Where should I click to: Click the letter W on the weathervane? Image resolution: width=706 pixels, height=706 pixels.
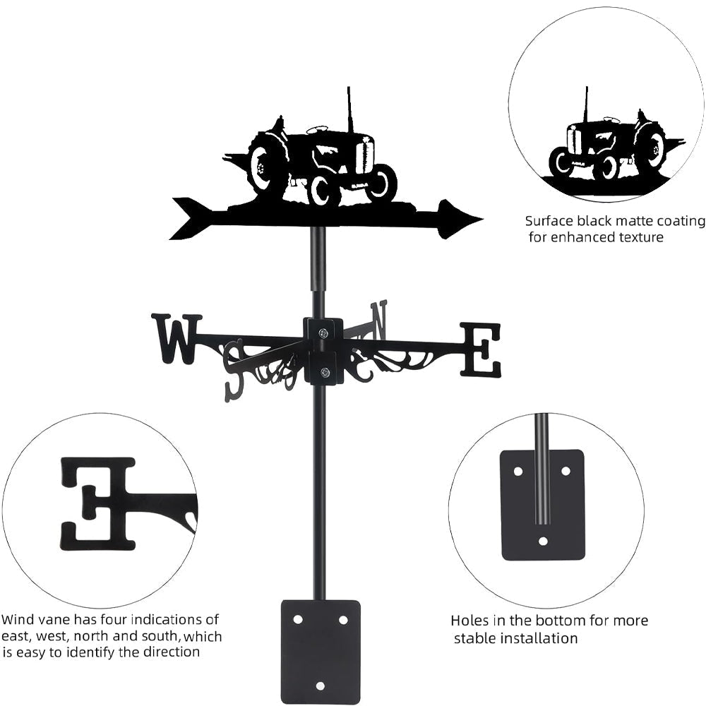[176, 338]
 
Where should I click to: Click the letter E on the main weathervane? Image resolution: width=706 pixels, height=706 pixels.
[481, 349]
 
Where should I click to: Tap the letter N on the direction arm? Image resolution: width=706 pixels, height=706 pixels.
[379, 318]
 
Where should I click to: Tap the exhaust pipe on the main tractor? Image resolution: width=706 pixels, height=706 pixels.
[349, 109]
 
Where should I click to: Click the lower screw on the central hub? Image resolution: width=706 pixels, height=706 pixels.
[324, 373]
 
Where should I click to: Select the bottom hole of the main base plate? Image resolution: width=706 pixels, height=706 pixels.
[321, 686]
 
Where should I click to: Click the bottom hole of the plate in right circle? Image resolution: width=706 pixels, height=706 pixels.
[542, 542]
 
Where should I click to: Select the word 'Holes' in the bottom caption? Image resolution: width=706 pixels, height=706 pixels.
[469, 621]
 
